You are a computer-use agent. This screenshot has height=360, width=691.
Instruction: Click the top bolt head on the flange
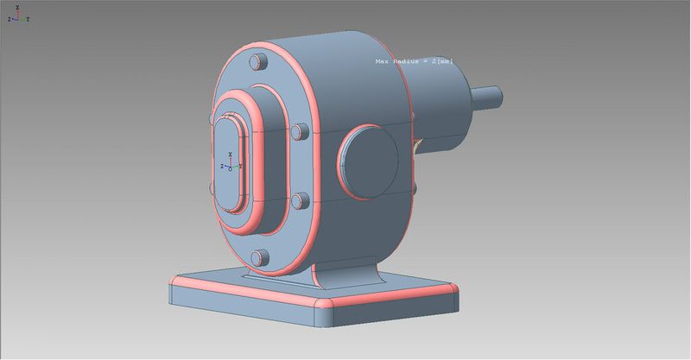point(258,61)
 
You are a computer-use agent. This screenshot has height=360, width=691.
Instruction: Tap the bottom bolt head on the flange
point(260,258)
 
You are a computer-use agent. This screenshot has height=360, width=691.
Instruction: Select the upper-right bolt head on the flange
point(300,132)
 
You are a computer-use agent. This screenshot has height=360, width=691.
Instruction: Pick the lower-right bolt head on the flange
point(300,201)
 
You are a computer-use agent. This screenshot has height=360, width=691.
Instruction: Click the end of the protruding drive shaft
point(498,97)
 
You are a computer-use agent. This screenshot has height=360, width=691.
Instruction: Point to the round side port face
point(370,161)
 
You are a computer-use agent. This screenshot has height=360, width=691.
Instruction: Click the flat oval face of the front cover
point(228,165)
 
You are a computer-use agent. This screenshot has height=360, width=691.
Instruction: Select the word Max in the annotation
point(382,61)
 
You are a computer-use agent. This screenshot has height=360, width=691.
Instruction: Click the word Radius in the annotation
point(406,61)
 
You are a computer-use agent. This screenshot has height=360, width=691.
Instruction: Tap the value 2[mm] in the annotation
point(442,61)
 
